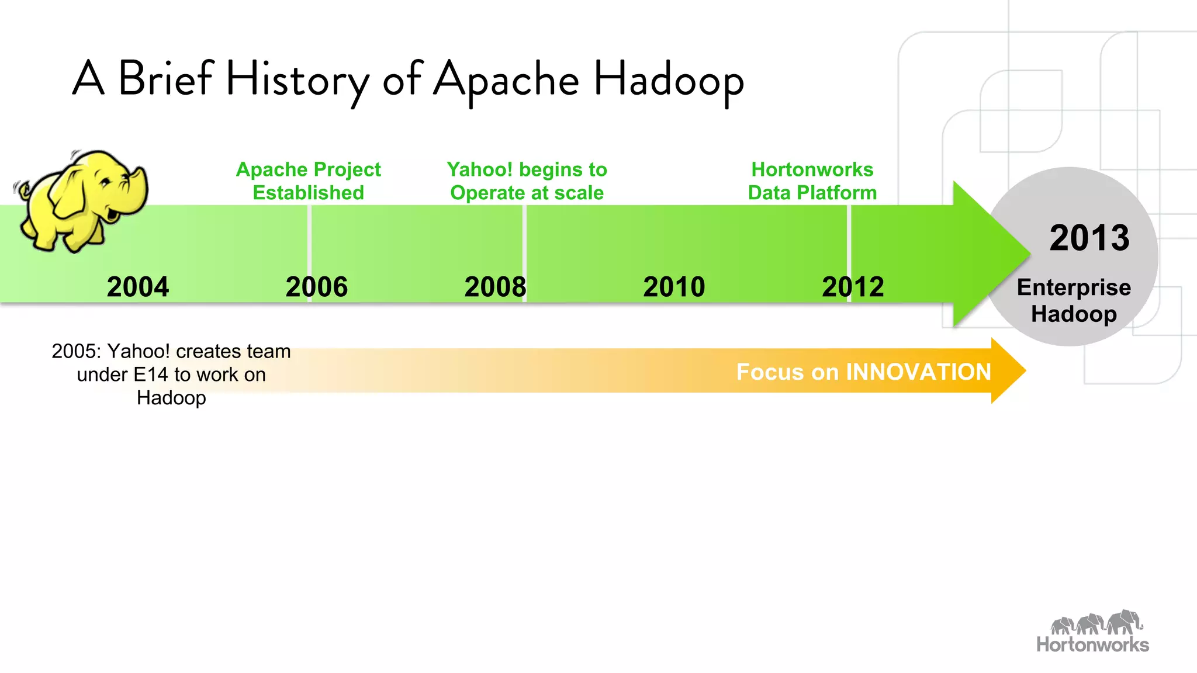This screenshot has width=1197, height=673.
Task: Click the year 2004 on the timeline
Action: click(138, 287)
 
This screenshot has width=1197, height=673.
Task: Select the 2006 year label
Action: click(316, 287)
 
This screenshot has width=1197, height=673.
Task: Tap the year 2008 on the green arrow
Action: click(495, 287)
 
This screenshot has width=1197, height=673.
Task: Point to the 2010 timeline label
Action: click(674, 287)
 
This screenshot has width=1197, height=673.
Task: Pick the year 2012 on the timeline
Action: click(853, 287)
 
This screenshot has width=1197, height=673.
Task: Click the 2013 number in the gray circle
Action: click(1089, 238)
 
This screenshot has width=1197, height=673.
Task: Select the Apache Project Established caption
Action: click(308, 181)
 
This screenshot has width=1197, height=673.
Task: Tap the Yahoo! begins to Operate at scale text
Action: click(527, 181)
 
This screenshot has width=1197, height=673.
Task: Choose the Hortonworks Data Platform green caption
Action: click(812, 181)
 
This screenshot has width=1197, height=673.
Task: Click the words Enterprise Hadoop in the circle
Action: click(1074, 300)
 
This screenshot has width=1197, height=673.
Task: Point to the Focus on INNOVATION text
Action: click(863, 372)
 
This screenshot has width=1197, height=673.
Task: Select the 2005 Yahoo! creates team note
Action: click(171, 374)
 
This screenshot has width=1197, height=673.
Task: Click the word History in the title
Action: click(297, 80)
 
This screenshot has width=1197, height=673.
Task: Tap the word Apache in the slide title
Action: click(506, 80)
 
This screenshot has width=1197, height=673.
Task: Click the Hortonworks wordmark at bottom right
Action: click(1092, 644)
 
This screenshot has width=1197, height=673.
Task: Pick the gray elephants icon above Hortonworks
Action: click(1096, 623)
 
